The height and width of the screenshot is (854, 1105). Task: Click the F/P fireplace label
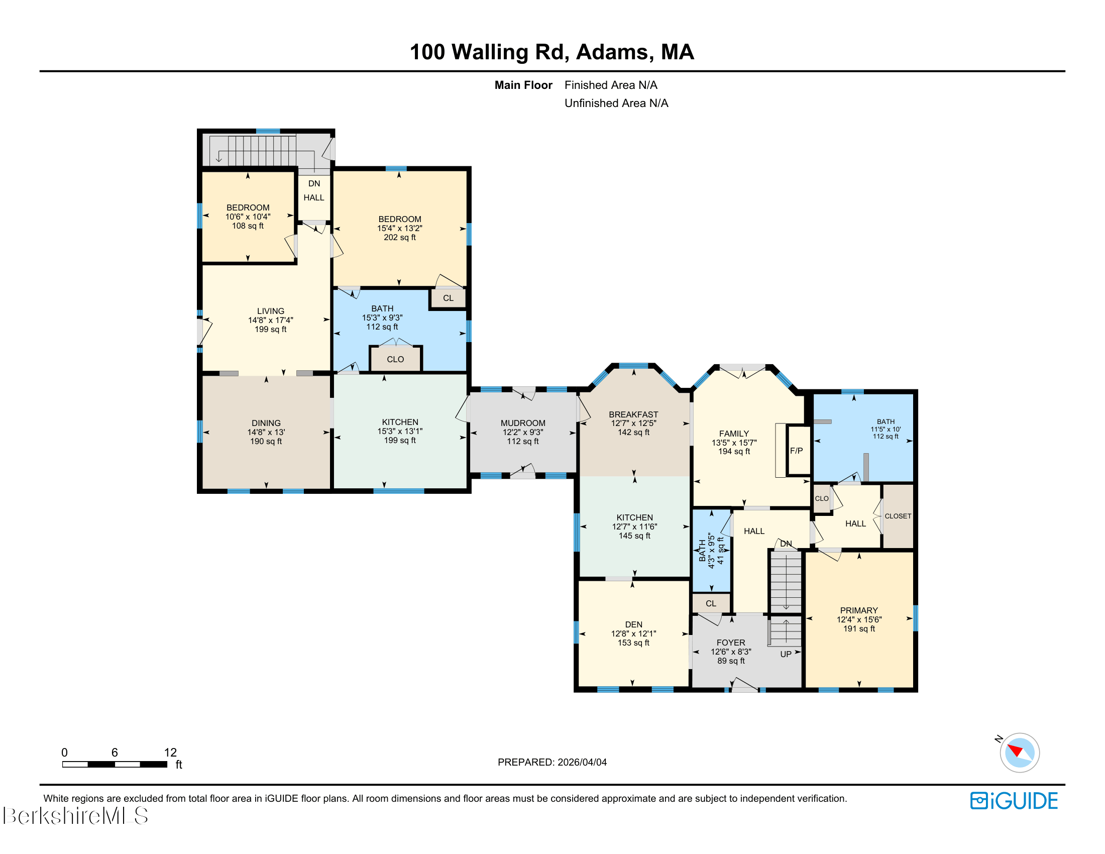point(796,451)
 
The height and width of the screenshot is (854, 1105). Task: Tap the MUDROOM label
point(523,423)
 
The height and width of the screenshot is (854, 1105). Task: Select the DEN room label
point(633,624)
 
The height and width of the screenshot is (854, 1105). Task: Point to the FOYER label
point(731,643)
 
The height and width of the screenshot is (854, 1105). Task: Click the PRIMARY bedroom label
point(858,610)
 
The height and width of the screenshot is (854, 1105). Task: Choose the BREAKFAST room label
point(633,414)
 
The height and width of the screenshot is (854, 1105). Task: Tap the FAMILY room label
point(734,434)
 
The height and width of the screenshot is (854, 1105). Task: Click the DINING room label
point(266,423)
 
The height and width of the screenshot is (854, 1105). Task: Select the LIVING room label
point(270,311)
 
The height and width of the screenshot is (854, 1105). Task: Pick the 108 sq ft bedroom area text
point(248,226)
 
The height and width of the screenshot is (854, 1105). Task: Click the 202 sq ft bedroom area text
point(400,237)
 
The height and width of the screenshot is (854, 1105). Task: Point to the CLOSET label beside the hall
point(898,516)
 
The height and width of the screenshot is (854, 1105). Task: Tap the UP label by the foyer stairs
point(785,654)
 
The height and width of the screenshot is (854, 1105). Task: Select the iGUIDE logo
point(1014,801)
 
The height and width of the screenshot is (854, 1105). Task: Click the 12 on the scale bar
point(170,753)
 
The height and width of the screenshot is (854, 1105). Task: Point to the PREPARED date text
point(552,762)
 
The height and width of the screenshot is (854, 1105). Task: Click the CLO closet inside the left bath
point(395,359)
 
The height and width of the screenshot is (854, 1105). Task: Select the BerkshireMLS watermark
point(75,815)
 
